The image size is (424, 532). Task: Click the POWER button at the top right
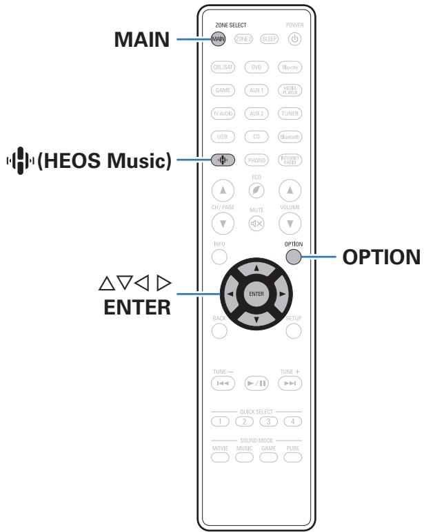290,39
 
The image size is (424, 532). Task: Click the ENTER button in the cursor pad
255,294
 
